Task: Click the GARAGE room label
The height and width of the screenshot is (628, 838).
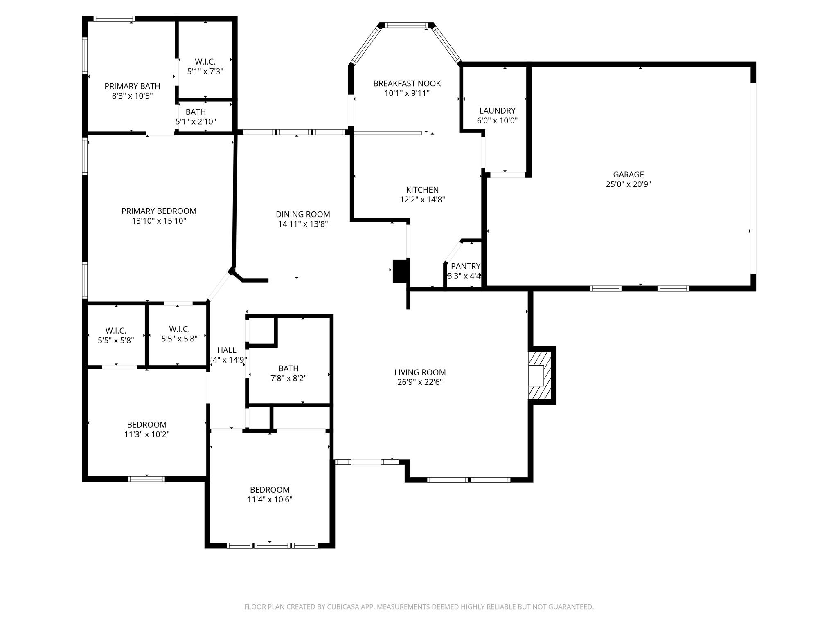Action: point(628,175)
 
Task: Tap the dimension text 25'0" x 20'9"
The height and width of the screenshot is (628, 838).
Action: point(628,184)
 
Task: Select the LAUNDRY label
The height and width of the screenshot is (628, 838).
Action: point(497,111)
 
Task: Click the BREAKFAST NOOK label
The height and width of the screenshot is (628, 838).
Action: point(407,84)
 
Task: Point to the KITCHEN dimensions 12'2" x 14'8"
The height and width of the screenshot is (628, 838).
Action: point(422,200)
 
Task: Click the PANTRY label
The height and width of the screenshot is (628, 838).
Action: point(465,267)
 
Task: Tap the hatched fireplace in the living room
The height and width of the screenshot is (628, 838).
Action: point(540,375)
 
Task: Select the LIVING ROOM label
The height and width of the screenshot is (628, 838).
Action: point(420,372)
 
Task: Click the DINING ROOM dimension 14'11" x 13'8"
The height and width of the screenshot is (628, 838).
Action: point(303,224)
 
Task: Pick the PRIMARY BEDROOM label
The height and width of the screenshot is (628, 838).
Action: point(159,211)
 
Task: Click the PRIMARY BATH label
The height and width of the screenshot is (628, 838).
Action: point(132,86)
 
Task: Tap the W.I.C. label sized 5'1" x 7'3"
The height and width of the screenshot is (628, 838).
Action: point(205,62)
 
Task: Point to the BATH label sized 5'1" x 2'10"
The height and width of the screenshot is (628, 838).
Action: point(196,112)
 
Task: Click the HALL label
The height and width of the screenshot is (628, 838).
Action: point(227,350)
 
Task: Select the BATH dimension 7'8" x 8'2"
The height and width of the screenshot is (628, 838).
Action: point(288,379)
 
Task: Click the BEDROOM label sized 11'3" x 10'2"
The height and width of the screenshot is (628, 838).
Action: point(146,425)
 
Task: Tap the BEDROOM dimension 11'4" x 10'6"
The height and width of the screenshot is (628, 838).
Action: point(270,500)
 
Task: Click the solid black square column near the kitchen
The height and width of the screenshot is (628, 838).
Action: point(401,271)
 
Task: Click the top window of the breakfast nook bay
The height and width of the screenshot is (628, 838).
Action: point(406,26)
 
